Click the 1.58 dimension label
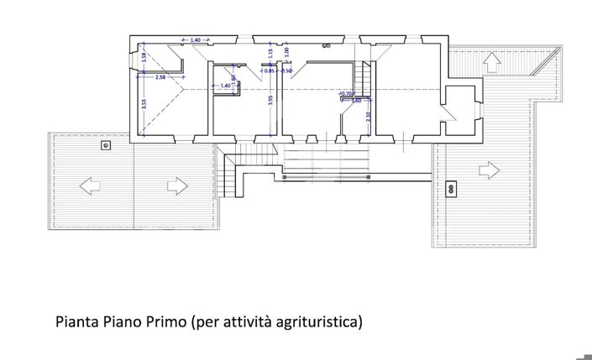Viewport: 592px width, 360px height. point(144,58)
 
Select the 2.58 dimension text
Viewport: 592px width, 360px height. point(160,76)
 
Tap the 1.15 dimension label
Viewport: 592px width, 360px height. point(270,53)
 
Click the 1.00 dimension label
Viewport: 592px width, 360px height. point(286,52)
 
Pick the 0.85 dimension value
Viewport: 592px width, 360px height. point(269,71)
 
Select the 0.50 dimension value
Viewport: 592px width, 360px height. point(287,71)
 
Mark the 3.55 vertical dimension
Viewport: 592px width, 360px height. point(270,100)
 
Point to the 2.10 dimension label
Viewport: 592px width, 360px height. point(369,116)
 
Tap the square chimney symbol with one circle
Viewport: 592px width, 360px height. point(106,145)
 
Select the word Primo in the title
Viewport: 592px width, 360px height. point(165,321)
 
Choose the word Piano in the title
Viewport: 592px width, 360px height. point(121,321)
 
